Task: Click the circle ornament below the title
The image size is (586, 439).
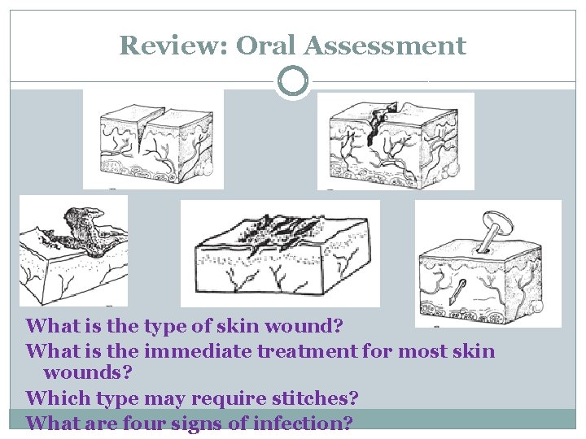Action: [x=293, y=82]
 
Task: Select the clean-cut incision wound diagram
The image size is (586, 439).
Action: [x=153, y=139]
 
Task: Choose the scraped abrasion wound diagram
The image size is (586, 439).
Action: [x=279, y=253]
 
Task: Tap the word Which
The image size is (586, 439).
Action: [x=53, y=399]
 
